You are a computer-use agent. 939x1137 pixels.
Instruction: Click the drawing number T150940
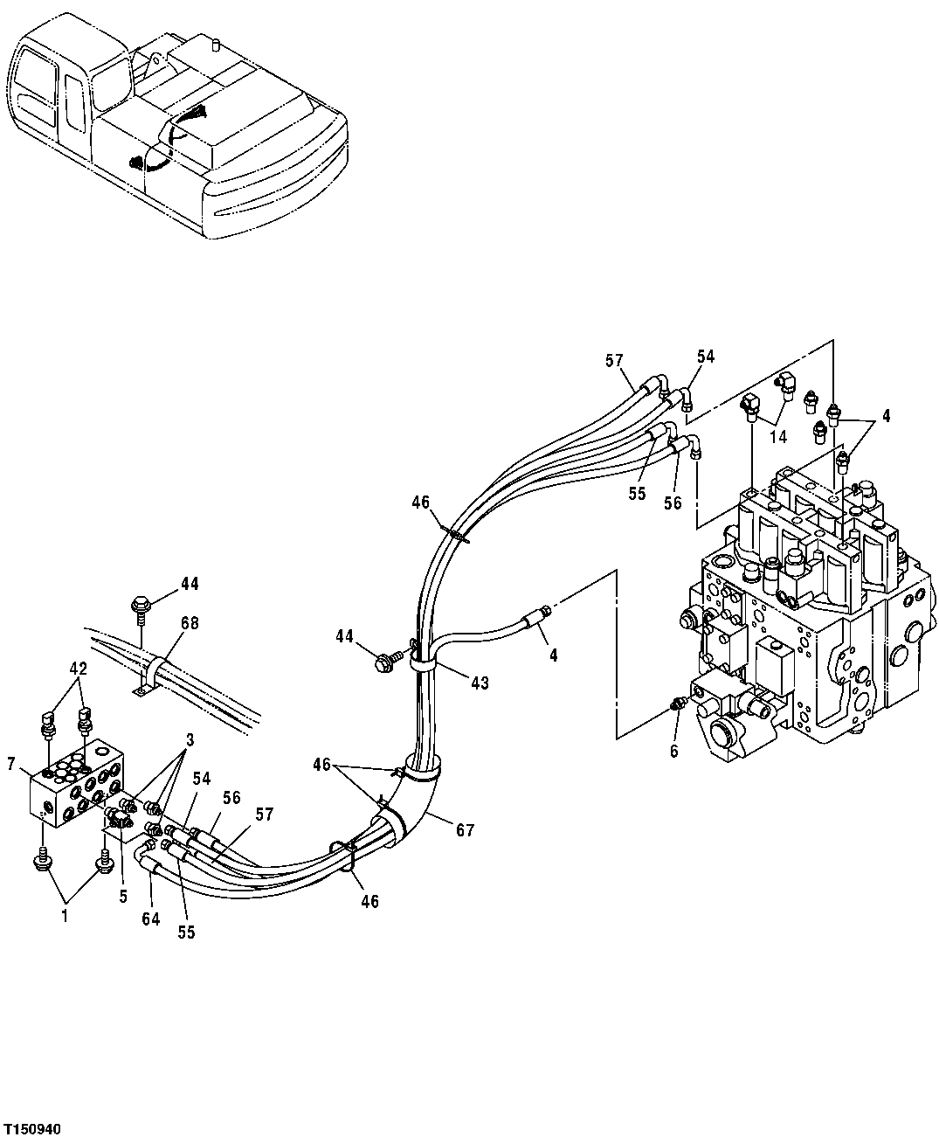coord(32,1123)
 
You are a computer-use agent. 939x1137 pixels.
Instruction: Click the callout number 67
coord(465,830)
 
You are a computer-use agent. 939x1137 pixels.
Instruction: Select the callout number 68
coord(190,623)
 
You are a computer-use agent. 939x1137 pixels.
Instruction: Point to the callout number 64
coord(151,919)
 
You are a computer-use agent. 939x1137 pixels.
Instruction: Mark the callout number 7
coord(10,766)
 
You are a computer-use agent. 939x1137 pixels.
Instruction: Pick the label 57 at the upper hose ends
coord(614,359)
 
